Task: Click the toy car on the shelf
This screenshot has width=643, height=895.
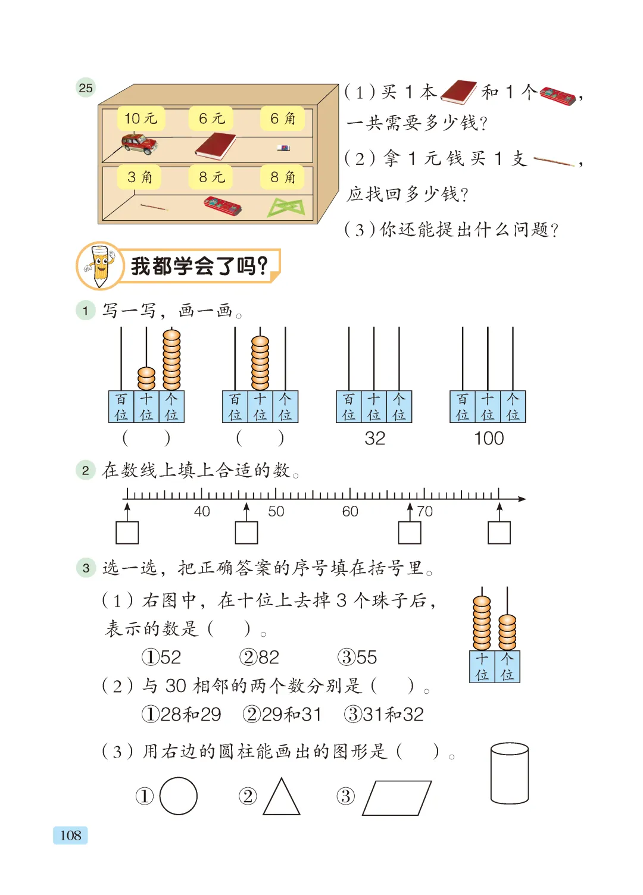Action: pos(139,144)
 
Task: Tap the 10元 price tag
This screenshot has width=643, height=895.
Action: pos(141,118)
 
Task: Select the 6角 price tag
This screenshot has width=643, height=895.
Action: pos(282,118)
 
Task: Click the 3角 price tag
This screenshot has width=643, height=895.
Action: pos(139,177)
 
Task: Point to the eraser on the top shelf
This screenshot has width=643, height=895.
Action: pos(283,148)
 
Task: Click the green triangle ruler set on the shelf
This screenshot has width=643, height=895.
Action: pos(286,208)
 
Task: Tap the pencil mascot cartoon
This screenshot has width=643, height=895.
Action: pos(99,266)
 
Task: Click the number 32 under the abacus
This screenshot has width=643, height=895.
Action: pos(374,439)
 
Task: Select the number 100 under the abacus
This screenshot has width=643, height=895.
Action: pos(488,439)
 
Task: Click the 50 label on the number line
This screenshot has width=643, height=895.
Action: pos(276,511)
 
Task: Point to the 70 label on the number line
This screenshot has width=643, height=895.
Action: pos(424,511)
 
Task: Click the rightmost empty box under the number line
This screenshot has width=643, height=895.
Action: pos(499,533)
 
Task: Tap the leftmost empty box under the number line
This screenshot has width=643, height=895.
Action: pos(127,533)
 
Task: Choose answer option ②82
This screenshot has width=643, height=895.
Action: pos(259,657)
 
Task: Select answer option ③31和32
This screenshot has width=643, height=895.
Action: pos(383,715)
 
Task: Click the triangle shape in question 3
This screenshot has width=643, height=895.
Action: pos(282,797)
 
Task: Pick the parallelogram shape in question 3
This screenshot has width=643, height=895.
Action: pos(397,798)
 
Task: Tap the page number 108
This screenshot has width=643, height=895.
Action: pos(70,835)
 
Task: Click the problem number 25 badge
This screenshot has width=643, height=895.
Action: pos(86,87)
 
